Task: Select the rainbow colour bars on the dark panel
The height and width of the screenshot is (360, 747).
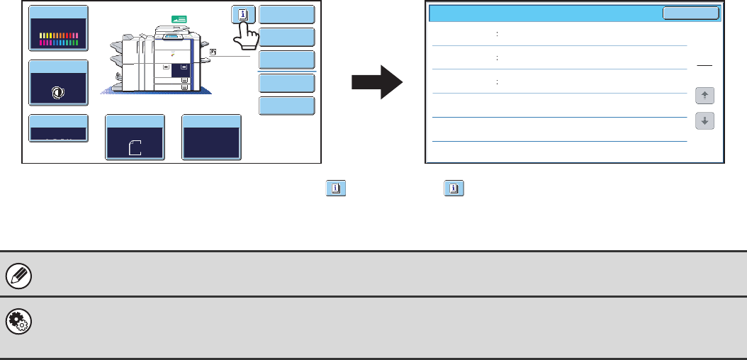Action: [x=59, y=39]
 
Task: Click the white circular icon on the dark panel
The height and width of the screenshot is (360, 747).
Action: [x=59, y=91]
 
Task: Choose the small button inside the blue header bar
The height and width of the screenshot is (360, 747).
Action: [x=690, y=13]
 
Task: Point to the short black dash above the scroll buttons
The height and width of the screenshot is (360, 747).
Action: [x=704, y=64]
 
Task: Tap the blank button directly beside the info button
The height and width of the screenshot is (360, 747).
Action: [x=287, y=15]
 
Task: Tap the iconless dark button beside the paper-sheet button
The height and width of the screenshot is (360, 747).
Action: [x=211, y=137]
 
